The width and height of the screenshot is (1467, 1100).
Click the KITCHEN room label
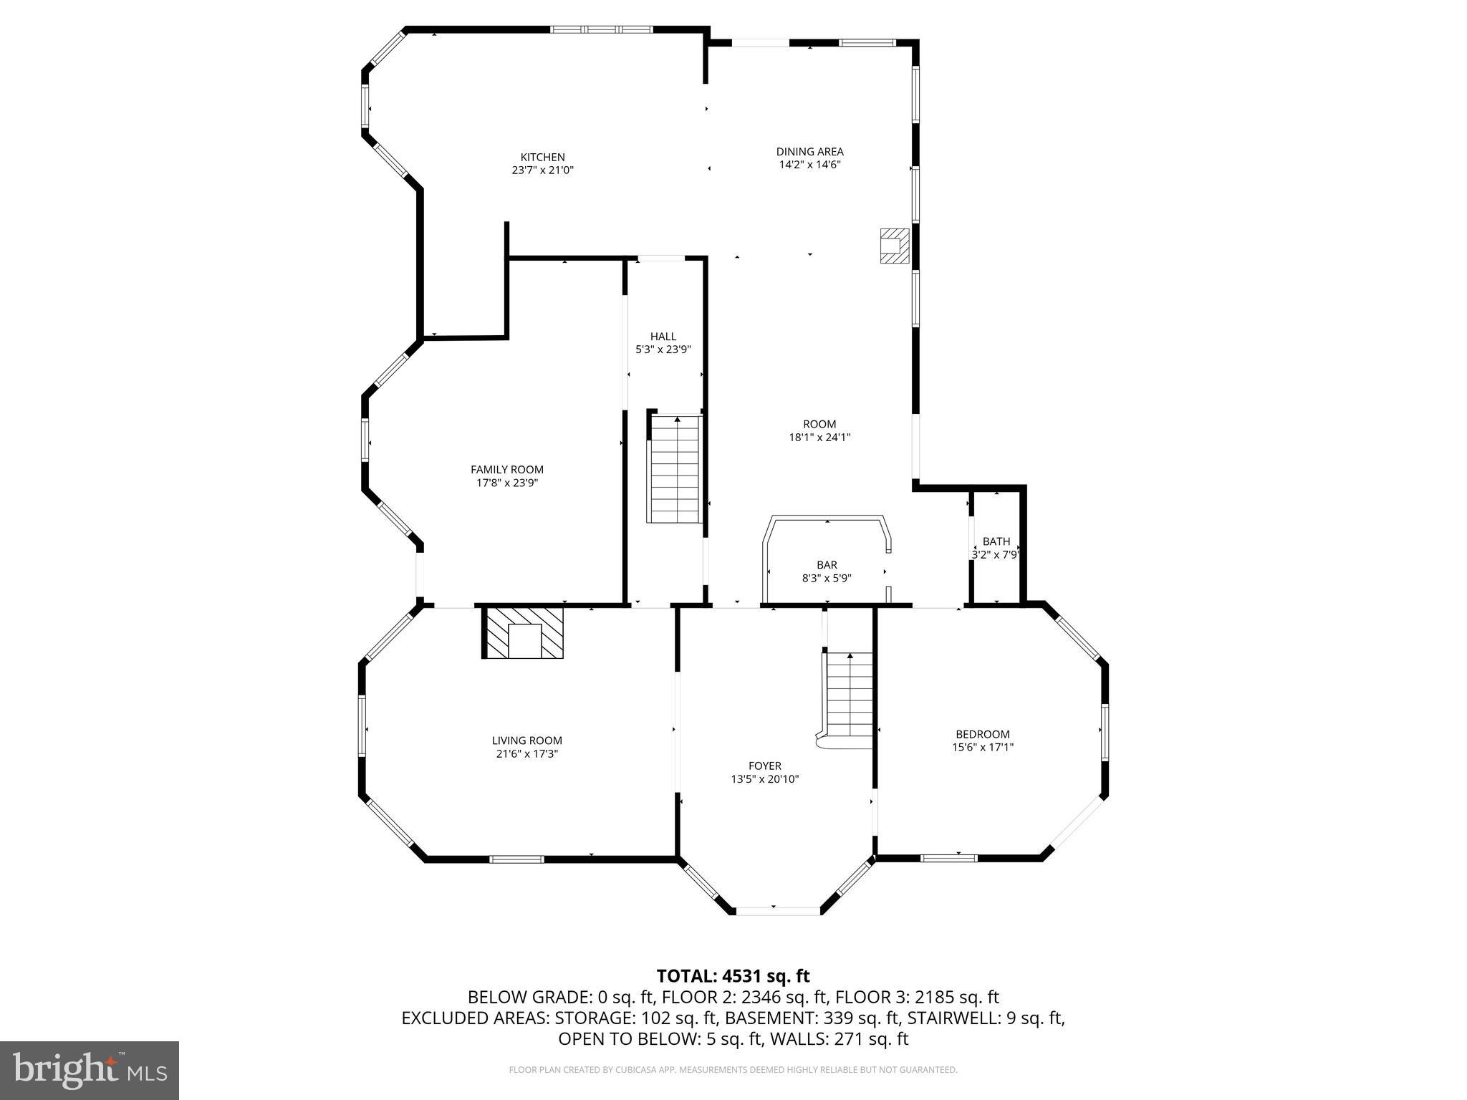tap(542, 157)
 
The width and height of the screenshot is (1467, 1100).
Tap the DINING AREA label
tap(809, 151)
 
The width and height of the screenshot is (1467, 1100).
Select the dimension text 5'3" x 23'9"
tap(663, 349)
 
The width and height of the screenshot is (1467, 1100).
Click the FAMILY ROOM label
tap(506, 470)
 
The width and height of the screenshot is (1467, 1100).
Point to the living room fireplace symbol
tap(524, 632)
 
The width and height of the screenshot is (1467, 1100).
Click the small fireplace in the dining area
tap(893, 246)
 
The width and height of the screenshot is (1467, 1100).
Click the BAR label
tap(827, 565)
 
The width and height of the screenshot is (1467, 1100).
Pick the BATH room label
tap(996, 541)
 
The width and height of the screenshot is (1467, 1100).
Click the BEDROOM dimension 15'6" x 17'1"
tap(982, 747)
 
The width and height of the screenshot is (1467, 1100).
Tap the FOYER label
tap(764, 766)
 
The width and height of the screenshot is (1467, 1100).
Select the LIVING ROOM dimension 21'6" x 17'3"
tap(526, 754)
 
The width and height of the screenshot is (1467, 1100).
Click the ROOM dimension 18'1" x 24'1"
tap(819, 437)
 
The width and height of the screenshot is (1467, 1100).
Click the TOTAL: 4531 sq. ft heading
tap(733, 975)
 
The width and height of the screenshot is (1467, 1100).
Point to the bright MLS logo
tap(90, 1070)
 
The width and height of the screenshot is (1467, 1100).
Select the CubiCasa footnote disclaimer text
tap(733, 1070)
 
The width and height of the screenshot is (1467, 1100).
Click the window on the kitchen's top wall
tap(601, 29)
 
